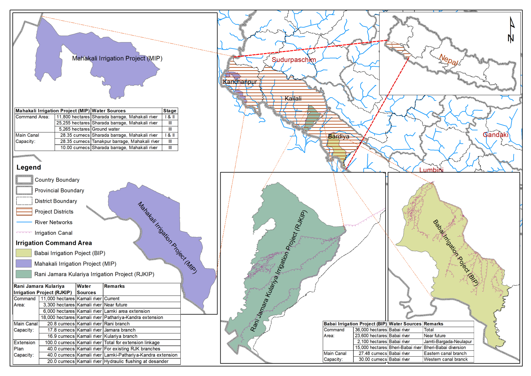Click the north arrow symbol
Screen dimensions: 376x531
click(x=511, y=30)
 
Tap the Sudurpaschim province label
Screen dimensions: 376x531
click(x=293, y=60)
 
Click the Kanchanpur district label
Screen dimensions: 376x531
click(x=240, y=82)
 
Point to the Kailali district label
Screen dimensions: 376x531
click(x=293, y=99)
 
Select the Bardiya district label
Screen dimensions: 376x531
click(x=339, y=137)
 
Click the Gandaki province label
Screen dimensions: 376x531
click(x=495, y=135)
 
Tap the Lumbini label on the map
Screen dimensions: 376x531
click(x=431, y=170)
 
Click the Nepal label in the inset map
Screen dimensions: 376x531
click(x=449, y=60)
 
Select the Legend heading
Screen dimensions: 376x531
click(x=29, y=168)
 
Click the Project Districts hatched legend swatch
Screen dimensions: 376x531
click(x=24, y=212)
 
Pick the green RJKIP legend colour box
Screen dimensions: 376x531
click(x=24, y=274)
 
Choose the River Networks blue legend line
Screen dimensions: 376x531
click(x=24, y=222)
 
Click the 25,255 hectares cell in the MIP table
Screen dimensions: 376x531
click(x=73, y=123)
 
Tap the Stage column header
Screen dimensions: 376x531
click(x=170, y=111)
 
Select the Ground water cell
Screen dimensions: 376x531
click(x=106, y=129)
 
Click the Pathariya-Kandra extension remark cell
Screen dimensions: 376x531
click(x=134, y=318)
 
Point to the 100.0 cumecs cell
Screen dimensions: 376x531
click(x=60, y=343)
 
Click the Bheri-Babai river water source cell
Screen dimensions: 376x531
click(x=405, y=347)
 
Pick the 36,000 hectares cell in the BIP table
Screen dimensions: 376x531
click(x=371, y=330)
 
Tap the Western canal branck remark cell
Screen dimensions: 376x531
click(x=446, y=359)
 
